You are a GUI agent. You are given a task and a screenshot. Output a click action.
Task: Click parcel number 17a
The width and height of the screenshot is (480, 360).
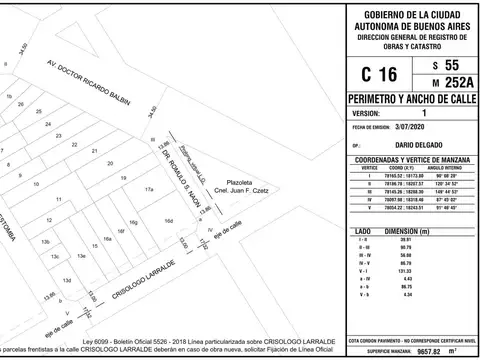tap(149, 189)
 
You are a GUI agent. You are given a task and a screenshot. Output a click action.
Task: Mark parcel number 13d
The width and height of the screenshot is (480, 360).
tap(67, 281)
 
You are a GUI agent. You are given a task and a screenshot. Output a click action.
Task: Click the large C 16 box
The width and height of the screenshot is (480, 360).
tap(371, 73)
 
